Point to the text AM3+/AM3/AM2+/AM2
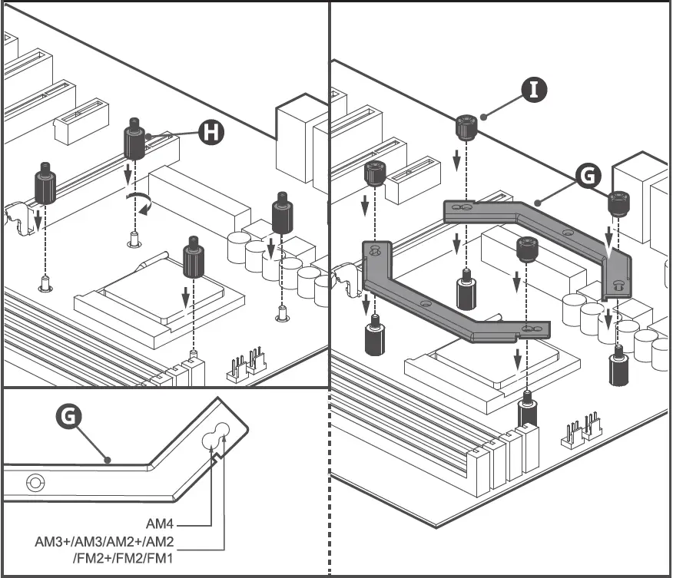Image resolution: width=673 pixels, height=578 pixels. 105,541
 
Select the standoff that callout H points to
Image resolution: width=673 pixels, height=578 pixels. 134,140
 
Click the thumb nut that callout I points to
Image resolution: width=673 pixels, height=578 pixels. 464,127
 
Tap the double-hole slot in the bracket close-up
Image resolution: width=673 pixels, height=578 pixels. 217,435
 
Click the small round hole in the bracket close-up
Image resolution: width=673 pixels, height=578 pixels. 34,483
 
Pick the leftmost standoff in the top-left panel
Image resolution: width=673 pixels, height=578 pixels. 45,185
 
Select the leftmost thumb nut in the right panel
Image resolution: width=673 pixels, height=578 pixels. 373,174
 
